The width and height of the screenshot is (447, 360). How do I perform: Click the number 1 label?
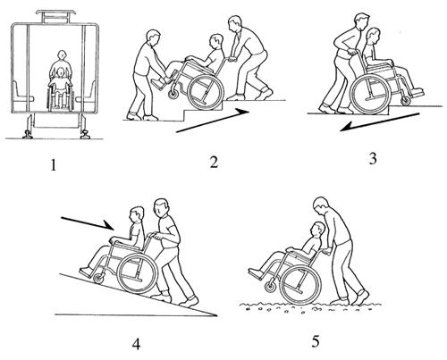pyautogui.click(x=54, y=165)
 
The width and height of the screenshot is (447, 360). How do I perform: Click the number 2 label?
pyautogui.click(x=214, y=162)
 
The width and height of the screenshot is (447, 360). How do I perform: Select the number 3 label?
pyautogui.click(x=373, y=158)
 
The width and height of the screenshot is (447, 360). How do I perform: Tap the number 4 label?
pyautogui.click(x=137, y=344)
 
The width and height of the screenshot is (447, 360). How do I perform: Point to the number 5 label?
pyautogui.click(x=316, y=341)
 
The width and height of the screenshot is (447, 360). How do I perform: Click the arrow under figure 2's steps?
pyautogui.click(x=213, y=121)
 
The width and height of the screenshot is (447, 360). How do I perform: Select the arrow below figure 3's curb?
pyautogui.click(x=380, y=122)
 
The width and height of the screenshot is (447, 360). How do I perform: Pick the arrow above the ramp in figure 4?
pyautogui.click(x=89, y=223)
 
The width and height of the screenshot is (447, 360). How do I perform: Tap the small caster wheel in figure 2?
pyautogui.click(x=173, y=95)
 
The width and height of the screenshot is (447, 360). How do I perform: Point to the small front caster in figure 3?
pyautogui.click(x=406, y=101)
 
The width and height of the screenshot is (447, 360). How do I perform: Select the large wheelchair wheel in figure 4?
pyautogui.click(x=137, y=273)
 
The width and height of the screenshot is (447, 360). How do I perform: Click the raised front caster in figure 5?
pyautogui.click(x=271, y=288)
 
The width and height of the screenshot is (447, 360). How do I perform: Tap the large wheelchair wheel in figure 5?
pyautogui.click(x=300, y=283)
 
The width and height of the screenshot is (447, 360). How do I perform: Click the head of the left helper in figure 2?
pyautogui.click(x=154, y=38)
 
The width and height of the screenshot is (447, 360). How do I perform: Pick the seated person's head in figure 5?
pyautogui.click(x=317, y=230)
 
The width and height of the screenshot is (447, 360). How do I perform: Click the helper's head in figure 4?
pyautogui.click(x=161, y=208)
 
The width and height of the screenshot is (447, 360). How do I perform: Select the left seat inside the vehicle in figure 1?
pyautogui.click(x=21, y=92)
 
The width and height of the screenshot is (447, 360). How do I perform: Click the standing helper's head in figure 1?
pyautogui.click(x=62, y=55)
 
